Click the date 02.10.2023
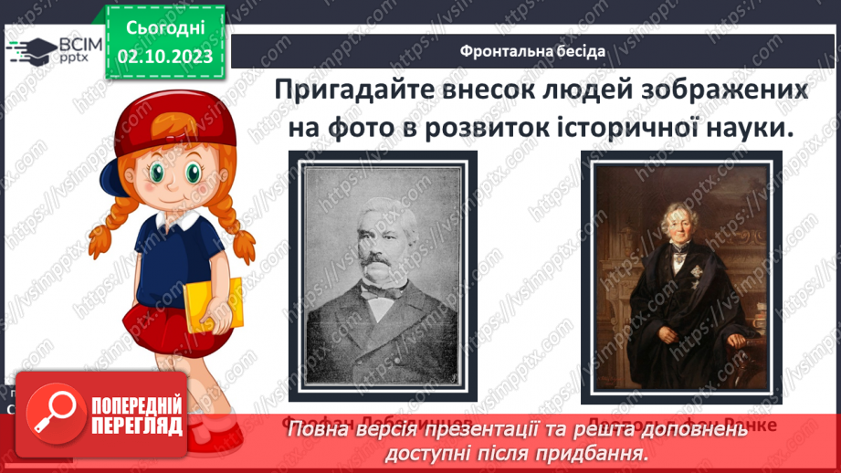click(x=165, y=57)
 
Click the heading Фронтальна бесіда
click(x=532, y=50)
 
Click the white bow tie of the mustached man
click(x=377, y=290)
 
